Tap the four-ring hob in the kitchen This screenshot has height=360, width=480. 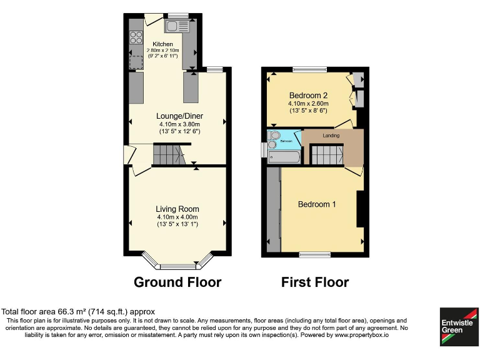point(136,37)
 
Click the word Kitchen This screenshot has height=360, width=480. point(154,44)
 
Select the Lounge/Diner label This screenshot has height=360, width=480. point(179,116)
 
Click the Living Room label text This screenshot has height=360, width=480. point(177,209)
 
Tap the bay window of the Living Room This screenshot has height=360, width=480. point(177,262)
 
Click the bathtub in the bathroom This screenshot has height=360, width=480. point(284,157)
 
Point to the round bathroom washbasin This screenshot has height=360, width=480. point(272,146)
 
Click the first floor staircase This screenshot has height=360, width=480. point(327,154)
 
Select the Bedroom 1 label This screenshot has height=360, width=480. point(317,204)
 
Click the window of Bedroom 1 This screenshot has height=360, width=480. point(314,254)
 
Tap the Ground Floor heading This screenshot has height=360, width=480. point(177,282)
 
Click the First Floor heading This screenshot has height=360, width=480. point(315,282)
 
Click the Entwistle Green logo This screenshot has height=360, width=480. point(457,326)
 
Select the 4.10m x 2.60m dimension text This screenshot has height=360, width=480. point(308,103)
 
